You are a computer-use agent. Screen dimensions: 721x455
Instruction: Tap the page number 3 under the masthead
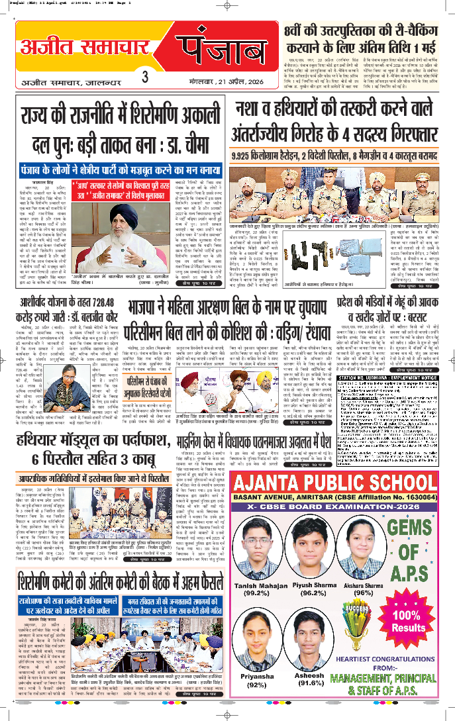tap(144, 77)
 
